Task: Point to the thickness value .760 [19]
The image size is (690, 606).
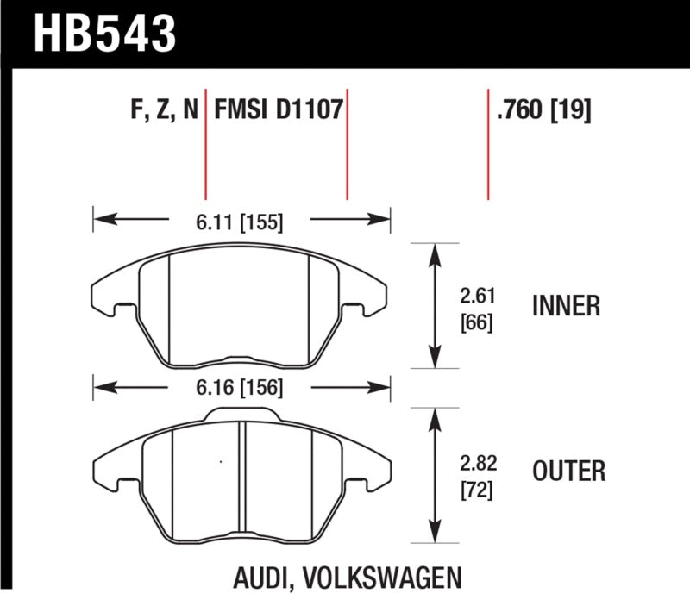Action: tap(543, 110)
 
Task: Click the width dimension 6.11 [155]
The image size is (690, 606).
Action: tap(239, 222)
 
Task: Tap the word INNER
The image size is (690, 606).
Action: tap(566, 306)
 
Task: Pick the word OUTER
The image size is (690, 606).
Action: tap(568, 472)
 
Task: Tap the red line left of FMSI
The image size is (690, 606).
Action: tap(206, 142)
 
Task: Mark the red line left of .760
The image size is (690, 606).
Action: tap(488, 142)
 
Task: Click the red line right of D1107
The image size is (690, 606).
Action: tap(347, 142)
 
